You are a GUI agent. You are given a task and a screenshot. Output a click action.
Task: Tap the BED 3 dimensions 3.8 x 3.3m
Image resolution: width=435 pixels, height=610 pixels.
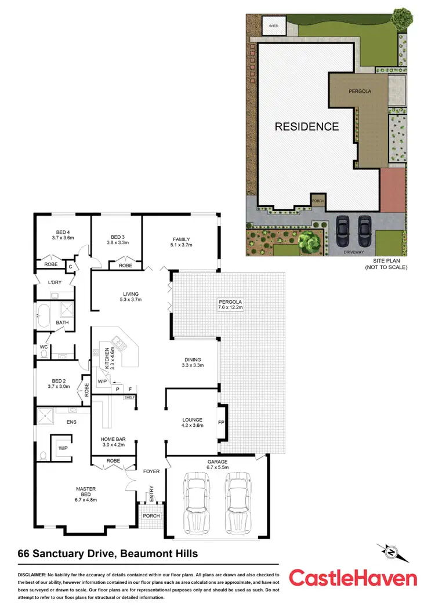pos(118,243)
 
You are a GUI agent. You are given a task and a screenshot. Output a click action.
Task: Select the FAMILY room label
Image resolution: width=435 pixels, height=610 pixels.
pos(181,239)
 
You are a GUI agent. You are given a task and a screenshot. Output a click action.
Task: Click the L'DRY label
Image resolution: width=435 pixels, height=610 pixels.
pos(55,282)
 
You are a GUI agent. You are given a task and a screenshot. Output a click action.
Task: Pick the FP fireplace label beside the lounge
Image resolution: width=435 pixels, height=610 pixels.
pos(221,423)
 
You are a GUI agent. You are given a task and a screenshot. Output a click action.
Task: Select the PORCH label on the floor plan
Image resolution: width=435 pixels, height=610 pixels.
pos(151,515)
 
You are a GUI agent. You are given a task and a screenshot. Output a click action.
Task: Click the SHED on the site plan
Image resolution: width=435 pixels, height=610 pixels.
pos(273,26)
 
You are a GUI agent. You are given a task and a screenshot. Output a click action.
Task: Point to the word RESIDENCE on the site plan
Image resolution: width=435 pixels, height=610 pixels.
pos(306,126)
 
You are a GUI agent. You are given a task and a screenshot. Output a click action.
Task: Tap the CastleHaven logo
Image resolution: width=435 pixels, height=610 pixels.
pos(353,578)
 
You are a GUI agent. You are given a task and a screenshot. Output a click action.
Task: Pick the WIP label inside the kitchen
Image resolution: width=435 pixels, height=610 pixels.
pos(101,382)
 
